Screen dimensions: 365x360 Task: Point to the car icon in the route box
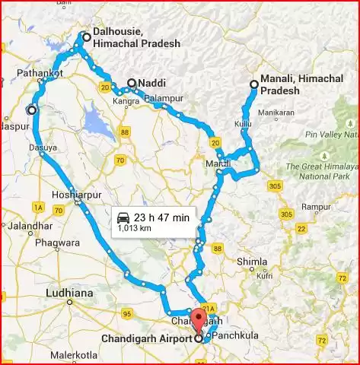coord(123,217)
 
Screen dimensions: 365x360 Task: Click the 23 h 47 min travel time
coord(161,217)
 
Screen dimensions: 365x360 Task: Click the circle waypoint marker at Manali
coord(253,84)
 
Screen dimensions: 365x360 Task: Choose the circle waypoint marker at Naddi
coord(132,83)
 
